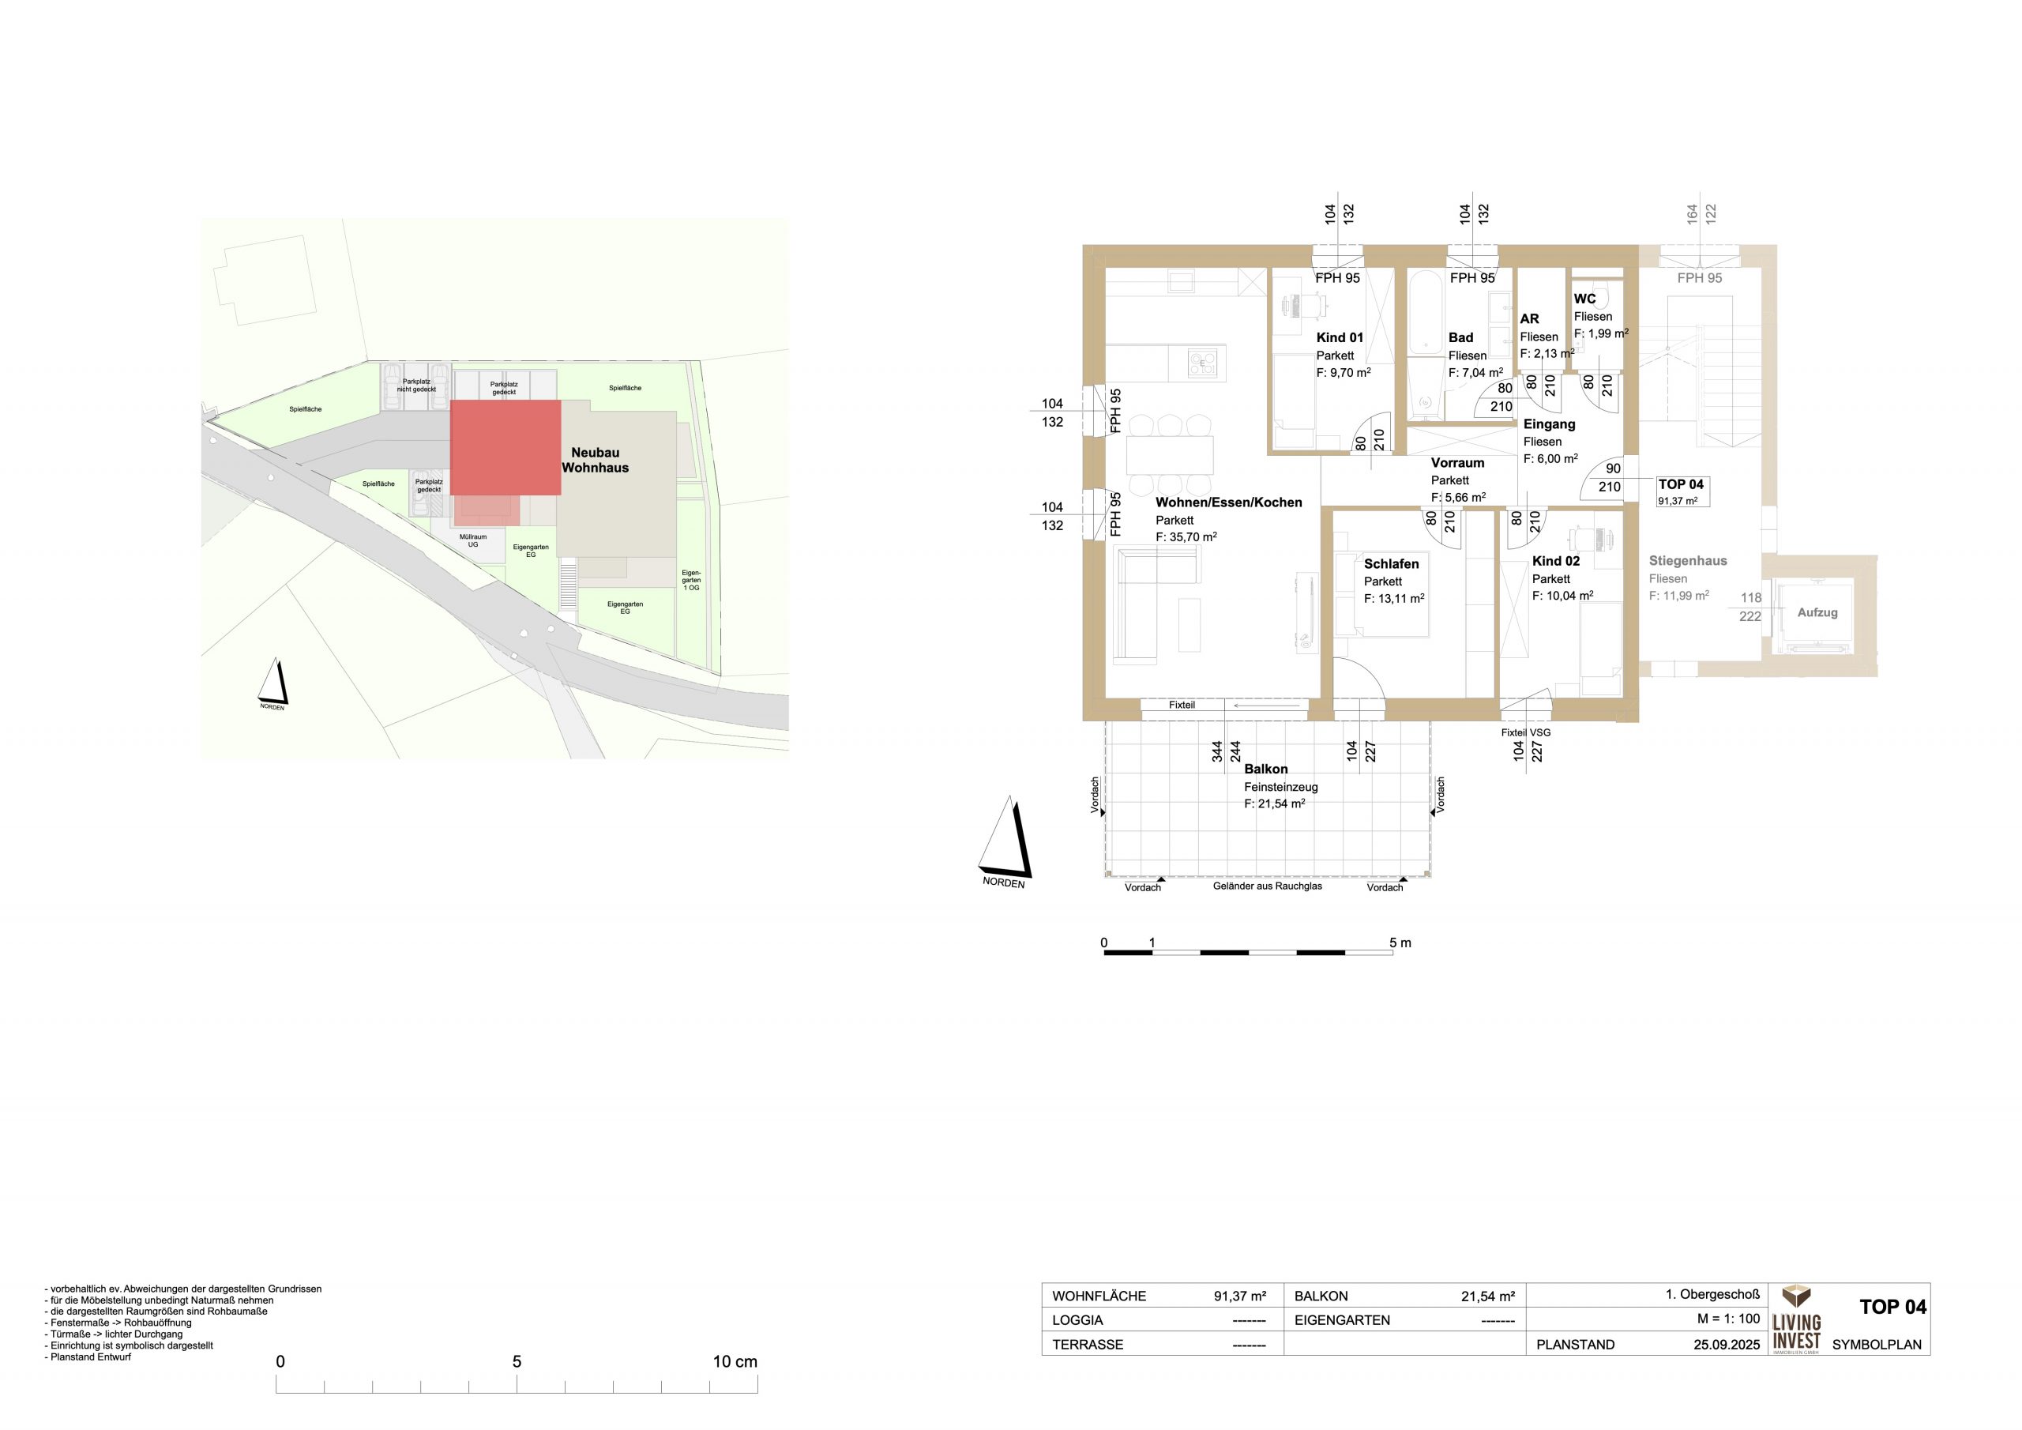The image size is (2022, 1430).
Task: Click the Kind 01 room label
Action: tap(1340, 337)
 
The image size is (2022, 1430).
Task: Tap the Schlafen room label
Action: tap(1392, 564)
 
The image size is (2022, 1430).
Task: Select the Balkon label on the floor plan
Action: tap(1265, 770)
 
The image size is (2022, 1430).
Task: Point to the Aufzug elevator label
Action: tap(1817, 612)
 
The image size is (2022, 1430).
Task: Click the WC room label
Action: tap(1584, 299)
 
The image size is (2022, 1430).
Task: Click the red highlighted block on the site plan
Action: tap(505, 448)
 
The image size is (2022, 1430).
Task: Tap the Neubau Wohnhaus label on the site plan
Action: tap(596, 460)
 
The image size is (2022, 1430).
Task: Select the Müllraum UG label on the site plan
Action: tap(473, 541)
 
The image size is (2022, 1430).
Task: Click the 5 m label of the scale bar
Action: tap(1400, 943)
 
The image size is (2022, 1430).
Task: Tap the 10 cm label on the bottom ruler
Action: tap(735, 1361)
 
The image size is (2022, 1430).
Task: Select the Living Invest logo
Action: tap(1797, 1319)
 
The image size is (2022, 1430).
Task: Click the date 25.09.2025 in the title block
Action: tap(1726, 1345)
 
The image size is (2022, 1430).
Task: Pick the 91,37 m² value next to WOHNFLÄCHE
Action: tap(1240, 1296)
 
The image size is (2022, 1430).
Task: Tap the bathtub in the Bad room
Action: tap(1423, 314)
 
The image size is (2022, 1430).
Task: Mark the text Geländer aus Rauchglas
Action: tap(1267, 886)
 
